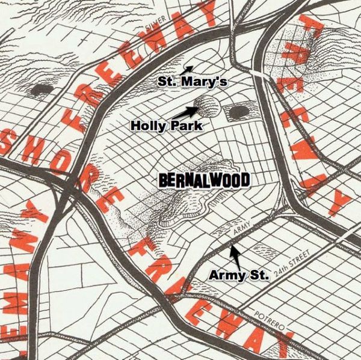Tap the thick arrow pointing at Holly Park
coord(184,112)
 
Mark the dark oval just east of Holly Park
coord(239,112)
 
